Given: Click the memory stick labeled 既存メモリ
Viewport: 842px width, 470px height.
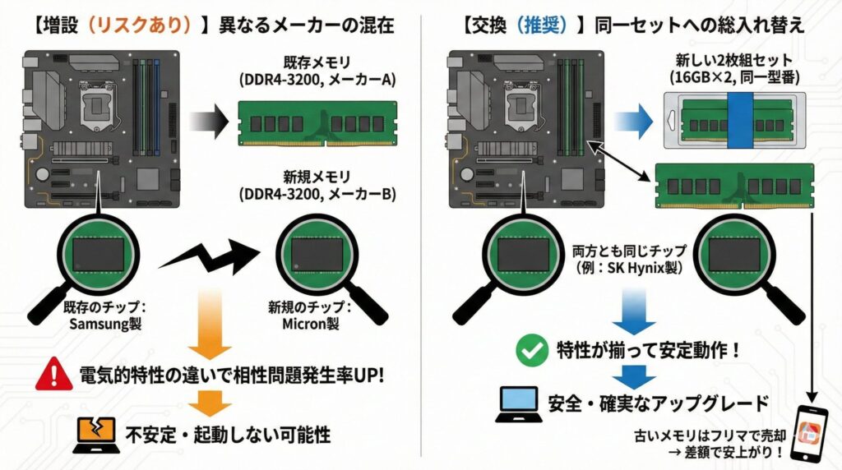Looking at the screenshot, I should (317, 122).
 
